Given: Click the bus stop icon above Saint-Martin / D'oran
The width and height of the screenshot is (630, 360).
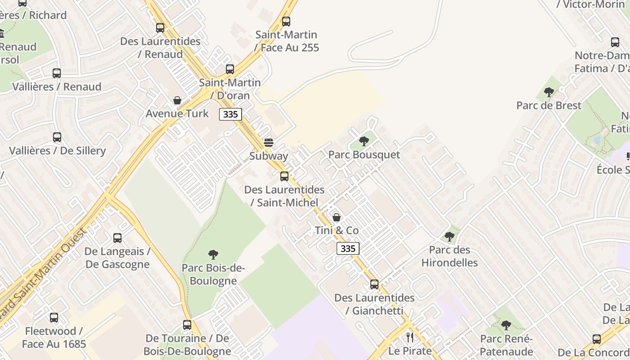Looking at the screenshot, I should tap(230, 69).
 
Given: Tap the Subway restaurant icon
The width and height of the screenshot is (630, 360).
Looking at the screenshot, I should tap(269, 143).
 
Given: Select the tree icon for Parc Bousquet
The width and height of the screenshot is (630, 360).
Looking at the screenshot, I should tap(364, 141).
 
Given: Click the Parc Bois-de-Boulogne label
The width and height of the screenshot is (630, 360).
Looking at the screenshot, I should tap(213, 274).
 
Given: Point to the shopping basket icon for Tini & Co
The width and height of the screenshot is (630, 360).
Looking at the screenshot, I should tap(337, 218).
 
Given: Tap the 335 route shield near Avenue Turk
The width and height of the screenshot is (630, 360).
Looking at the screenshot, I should tap(230, 114).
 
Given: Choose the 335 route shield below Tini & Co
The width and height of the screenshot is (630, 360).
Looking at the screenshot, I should tap(348, 248).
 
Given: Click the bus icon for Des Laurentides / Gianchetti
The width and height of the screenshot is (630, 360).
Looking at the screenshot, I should tap(374, 284).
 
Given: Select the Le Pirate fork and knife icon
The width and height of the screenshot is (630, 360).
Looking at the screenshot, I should tap(409, 337).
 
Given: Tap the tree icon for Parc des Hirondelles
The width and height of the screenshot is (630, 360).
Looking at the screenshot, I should tap(450, 236).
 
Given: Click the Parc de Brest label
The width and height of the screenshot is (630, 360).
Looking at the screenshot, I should tap(549, 105).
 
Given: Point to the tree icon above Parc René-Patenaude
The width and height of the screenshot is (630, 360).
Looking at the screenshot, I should tap(506, 325).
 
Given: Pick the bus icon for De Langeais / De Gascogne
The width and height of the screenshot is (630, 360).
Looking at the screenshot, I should tap(117, 238).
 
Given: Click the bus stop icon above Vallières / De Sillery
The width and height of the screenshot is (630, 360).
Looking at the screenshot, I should tap(57, 137).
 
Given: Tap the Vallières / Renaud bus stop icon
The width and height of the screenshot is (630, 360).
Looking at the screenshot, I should tap(57, 73).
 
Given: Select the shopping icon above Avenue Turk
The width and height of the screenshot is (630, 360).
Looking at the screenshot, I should tap(177, 100).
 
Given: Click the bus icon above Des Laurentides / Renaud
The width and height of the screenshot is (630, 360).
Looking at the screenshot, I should tap(160, 28).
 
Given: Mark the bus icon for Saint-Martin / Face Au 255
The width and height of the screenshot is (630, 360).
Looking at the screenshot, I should tap(286, 22).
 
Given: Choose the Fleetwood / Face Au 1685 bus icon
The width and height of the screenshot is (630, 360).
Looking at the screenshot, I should tap(54, 318).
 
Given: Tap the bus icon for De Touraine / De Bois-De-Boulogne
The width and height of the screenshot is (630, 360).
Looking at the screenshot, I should tap(187, 325).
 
